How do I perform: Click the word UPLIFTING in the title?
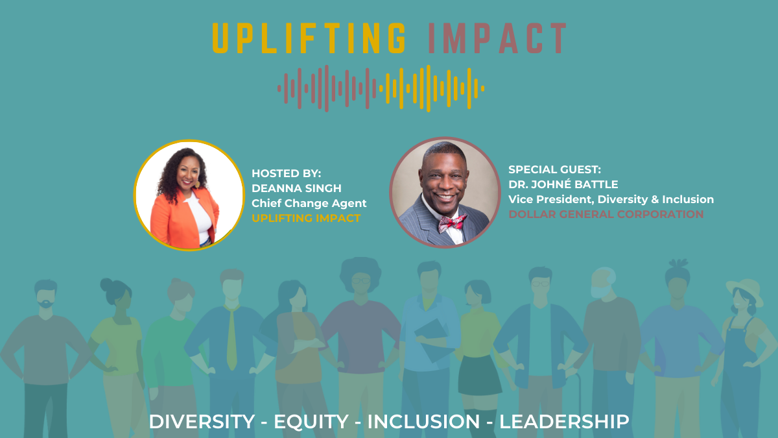(309, 38)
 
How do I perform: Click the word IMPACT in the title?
(497, 38)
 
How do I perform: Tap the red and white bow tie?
(452, 223)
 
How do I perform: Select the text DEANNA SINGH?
(296, 188)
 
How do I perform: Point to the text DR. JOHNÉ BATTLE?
(563, 184)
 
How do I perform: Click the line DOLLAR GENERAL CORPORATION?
(606, 214)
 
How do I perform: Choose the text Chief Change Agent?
(309, 203)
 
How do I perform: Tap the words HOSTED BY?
(286, 173)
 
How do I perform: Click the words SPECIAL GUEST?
(554, 169)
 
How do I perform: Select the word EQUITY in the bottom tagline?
(311, 422)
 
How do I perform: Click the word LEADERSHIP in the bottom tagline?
(564, 422)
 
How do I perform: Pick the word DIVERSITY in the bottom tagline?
(202, 422)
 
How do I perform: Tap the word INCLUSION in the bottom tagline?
(423, 422)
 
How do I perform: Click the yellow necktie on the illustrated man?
(231, 337)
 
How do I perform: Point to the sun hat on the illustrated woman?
(744, 289)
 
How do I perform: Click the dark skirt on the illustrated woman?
(479, 376)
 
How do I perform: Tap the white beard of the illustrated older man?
(600, 291)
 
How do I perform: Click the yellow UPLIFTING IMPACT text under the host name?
(306, 218)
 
